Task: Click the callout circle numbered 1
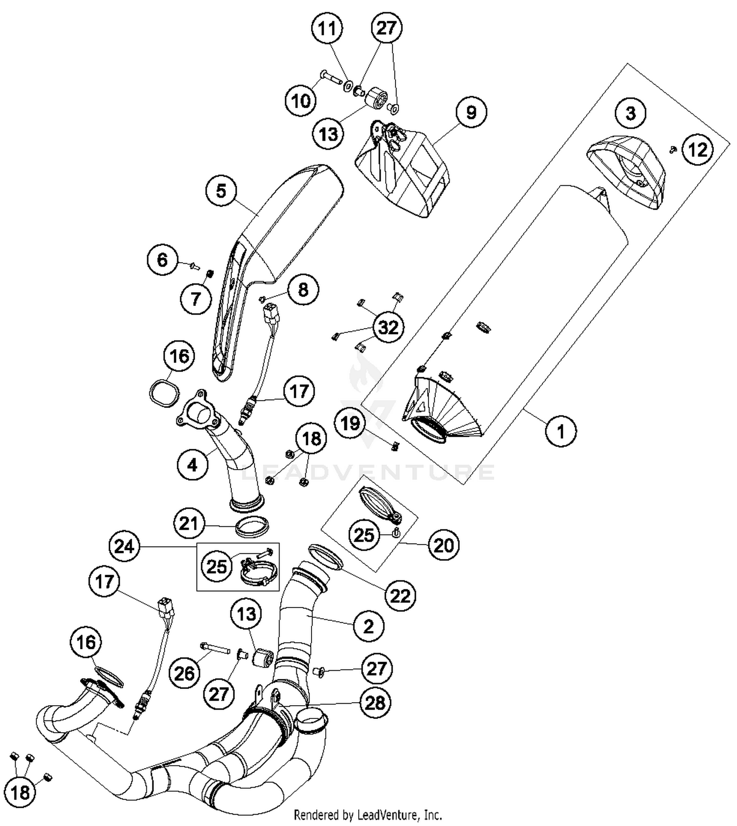tap(561, 431)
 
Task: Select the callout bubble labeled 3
tap(630, 113)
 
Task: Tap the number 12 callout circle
tap(698, 150)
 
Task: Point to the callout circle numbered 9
tap(471, 112)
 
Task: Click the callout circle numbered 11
tap(327, 28)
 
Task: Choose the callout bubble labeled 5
tap(221, 191)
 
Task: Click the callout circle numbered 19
tap(350, 423)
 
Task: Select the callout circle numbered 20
tap(444, 545)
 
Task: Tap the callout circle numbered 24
tap(124, 546)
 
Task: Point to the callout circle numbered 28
tap(375, 703)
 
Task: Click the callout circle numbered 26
tap(185, 673)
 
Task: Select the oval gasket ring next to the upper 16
tap(164, 393)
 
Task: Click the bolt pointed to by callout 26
tap(215, 649)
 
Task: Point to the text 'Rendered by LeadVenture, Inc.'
tap(368, 816)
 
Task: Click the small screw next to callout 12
tap(674, 148)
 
